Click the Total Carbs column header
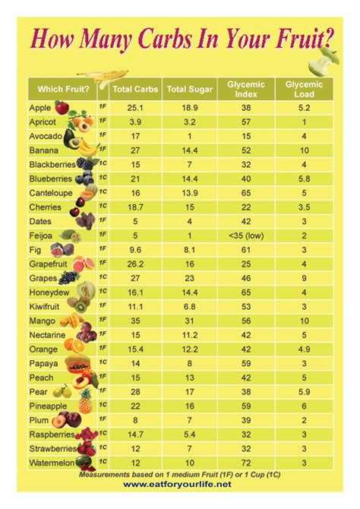pyautogui.click(x=134, y=89)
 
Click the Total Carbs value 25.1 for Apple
pyautogui.click(x=134, y=109)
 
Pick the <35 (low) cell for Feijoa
pyautogui.click(x=245, y=236)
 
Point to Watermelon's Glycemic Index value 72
pyautogui.click(x=245, y=462)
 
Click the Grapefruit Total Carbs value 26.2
pyautogui.click(x=134, y=264)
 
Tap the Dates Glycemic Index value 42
pyautogui.click(x=245, y=221)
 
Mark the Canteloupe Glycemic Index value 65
pyautogui.click(x=245, y=193)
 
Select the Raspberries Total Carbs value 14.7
pyautogui.click(x=134, y=433)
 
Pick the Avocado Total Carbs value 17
pyautogui.click(x=134, y=137)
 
